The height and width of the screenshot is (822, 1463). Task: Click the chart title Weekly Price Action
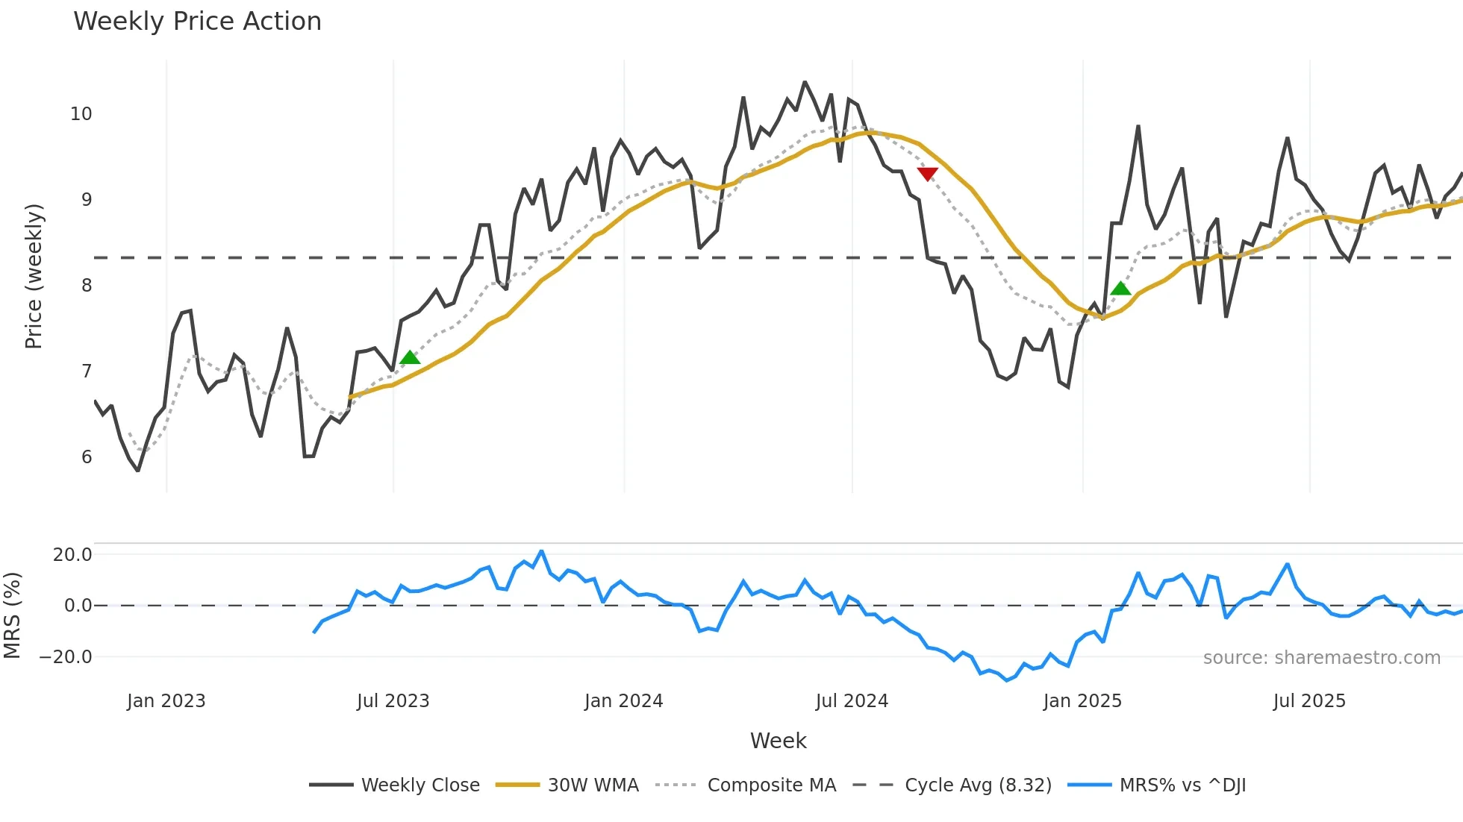pos(197,22)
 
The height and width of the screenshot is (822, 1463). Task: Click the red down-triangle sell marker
pos(927,174)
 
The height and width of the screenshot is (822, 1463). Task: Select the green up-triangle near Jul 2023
pos(410,357)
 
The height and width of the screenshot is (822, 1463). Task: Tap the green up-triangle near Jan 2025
pos(1120,288)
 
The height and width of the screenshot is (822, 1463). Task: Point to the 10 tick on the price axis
pos(81,114)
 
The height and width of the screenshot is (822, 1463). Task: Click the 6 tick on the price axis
pos(87,457)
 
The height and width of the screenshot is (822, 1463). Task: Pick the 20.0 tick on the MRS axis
pos(72,554)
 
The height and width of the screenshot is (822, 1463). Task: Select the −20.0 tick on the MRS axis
pos(66,657)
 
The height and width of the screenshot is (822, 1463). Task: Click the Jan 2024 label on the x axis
pos(623,701)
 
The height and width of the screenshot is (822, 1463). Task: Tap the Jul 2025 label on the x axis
pos(1309,701)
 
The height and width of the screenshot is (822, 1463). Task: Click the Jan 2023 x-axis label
pos(166,701)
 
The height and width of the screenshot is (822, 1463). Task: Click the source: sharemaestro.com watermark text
pos(1321,658)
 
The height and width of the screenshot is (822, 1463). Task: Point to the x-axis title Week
pos(778,741)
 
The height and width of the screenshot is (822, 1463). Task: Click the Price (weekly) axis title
pos(34,276)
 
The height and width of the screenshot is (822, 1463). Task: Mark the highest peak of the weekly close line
pos(805,82)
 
